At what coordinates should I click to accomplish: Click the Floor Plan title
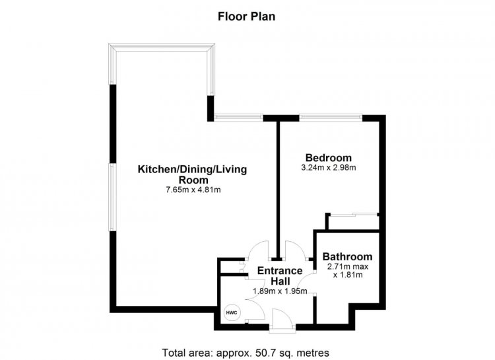point(247,17)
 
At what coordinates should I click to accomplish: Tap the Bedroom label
point(329,157)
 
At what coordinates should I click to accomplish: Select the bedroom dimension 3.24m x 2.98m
point(329,168)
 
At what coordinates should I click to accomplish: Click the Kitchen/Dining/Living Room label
point(192,174)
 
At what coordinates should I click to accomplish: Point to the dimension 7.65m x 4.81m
point(193,190)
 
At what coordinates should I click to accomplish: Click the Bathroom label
point(347,256)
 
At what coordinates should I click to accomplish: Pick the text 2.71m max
point(348,266)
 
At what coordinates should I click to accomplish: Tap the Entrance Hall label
point(280,275)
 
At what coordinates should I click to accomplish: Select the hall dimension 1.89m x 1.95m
point(280,291)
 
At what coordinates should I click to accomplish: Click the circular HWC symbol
point(232,312)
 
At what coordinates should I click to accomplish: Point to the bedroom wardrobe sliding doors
point(353,215)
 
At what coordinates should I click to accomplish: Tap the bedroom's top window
point(331,118)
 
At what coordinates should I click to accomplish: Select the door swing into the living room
point(257,250)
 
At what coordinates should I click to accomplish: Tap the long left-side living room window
point(112,198)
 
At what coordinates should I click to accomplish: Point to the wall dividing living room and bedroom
point(278,190)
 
